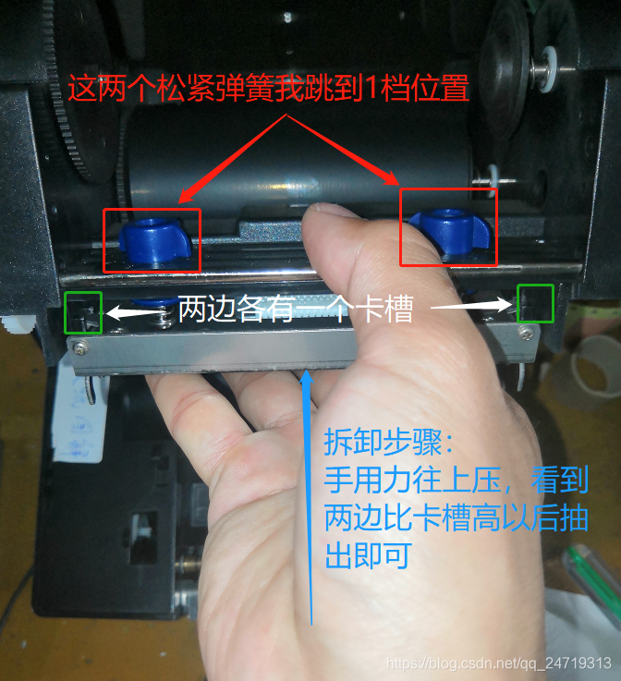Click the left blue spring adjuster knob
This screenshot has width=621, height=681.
point(154,241)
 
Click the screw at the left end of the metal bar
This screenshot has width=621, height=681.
point(79,347)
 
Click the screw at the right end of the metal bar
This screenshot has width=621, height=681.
point(526,334)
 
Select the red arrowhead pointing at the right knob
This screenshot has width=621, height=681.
point(391,177)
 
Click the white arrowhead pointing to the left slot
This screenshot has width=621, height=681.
point(114,312)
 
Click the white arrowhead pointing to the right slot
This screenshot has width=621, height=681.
point(504,304)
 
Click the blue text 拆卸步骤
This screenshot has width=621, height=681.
point(383,442)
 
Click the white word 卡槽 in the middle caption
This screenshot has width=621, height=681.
point(384,309)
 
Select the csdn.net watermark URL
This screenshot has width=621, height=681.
point(499,663)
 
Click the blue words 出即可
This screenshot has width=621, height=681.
point(369,555)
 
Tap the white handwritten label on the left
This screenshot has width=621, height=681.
point(79,417)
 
